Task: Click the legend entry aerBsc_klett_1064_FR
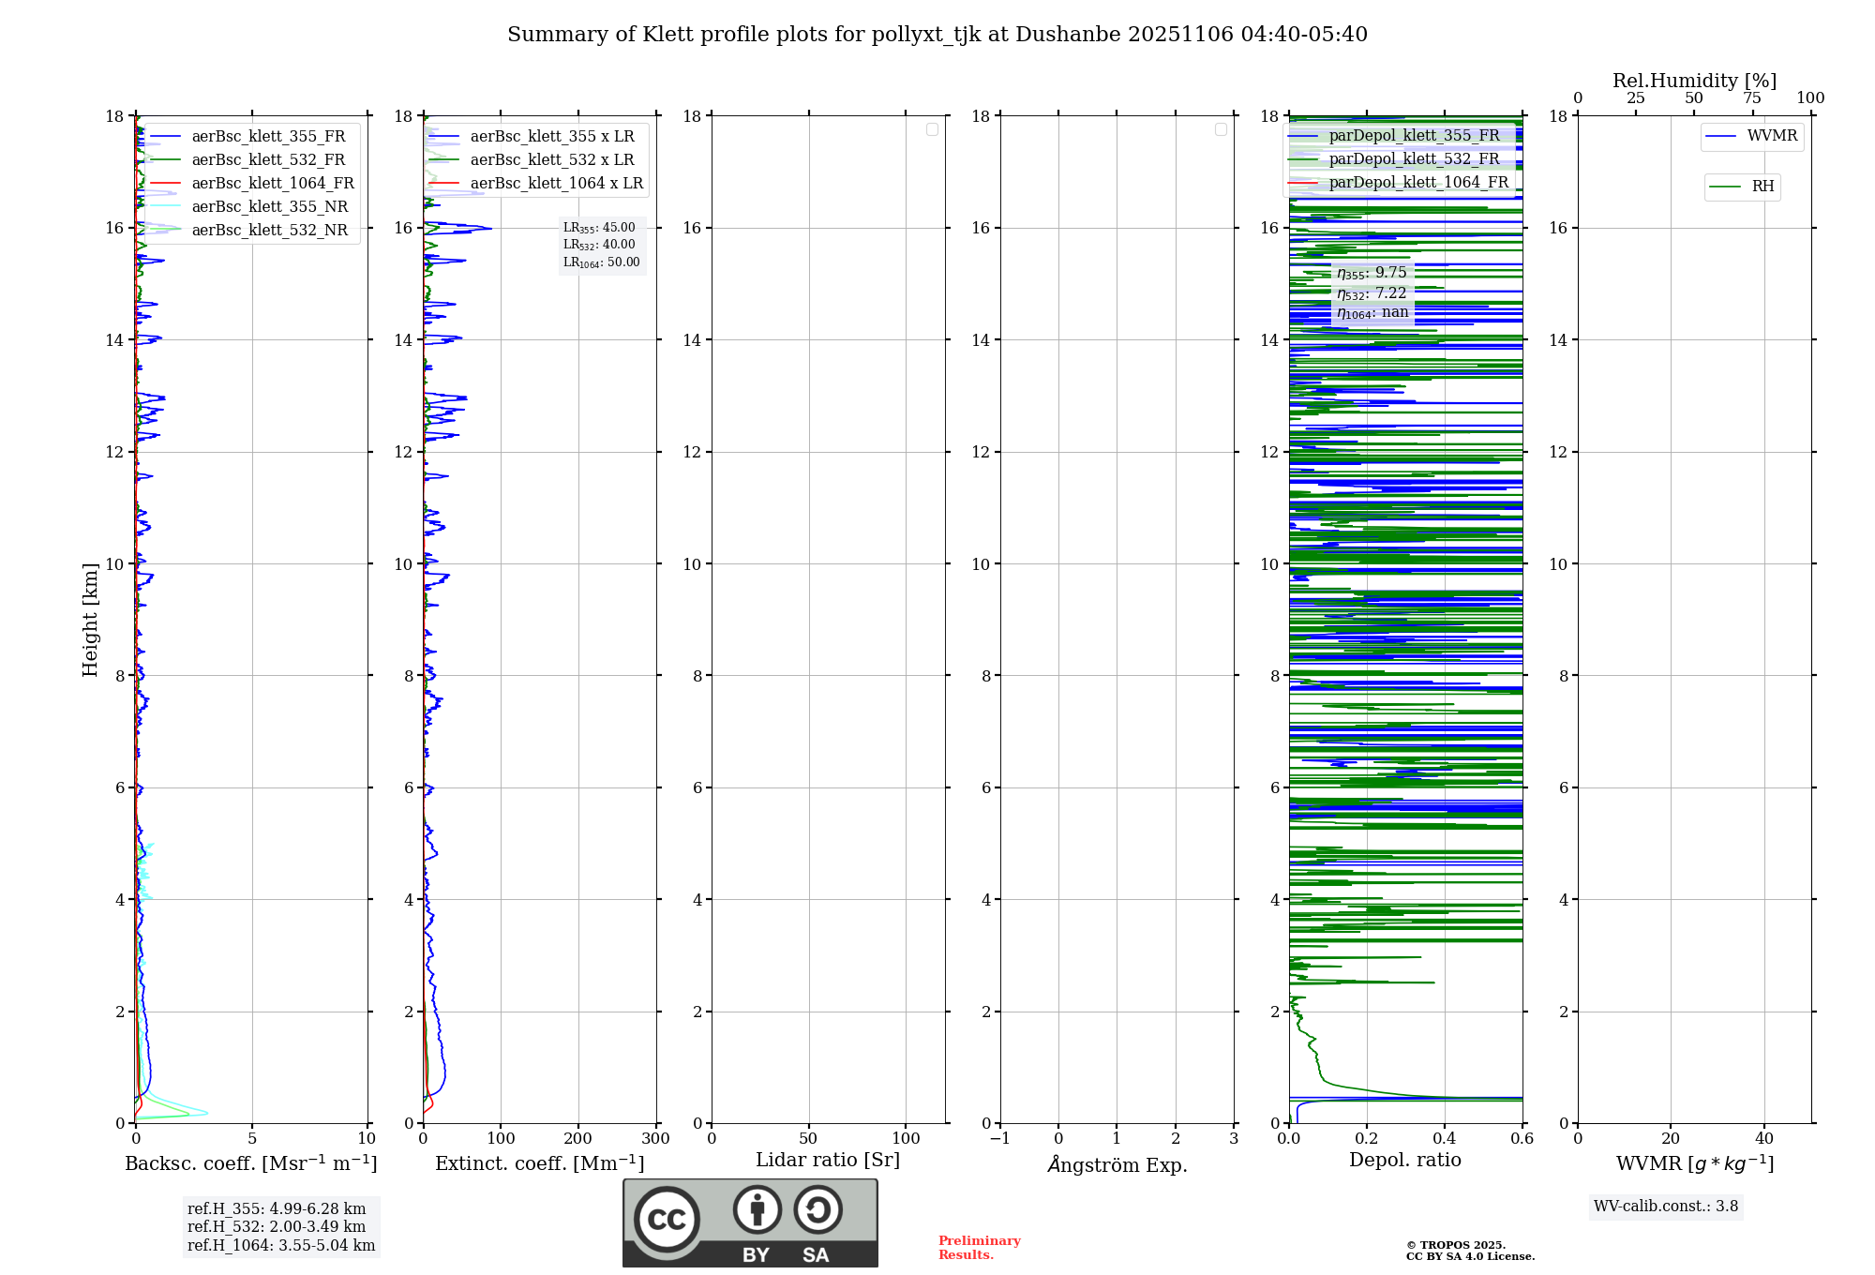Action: tap(272, 183)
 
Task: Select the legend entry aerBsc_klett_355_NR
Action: tap(269, 206)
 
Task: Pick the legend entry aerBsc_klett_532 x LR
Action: tap(551, 159)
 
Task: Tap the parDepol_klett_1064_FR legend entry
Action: tap(1417, 182)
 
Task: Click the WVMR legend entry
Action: tap(1771, 136)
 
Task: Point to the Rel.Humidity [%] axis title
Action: tap(1694, 81)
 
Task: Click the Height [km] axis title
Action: tap(90, 620)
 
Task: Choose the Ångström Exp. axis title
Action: tap(1117, 1164)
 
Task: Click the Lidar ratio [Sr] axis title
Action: tap(828, 1160)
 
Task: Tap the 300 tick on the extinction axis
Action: tap(655, 1139)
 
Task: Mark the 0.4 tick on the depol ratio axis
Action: tap(1445, 1139)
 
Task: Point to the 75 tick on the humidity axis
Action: tap(1752, 98)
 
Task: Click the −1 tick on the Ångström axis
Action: tap(999, 1139)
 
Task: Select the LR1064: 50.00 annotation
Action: tap(601, 262)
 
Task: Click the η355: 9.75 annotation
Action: tap(1372, 273)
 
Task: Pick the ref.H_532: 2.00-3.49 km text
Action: tap(276, 1226)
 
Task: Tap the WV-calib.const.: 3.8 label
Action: tap(1665, 1207)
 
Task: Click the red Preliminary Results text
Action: tap(979, 1248)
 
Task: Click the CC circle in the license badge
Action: tap(667, 1220)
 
